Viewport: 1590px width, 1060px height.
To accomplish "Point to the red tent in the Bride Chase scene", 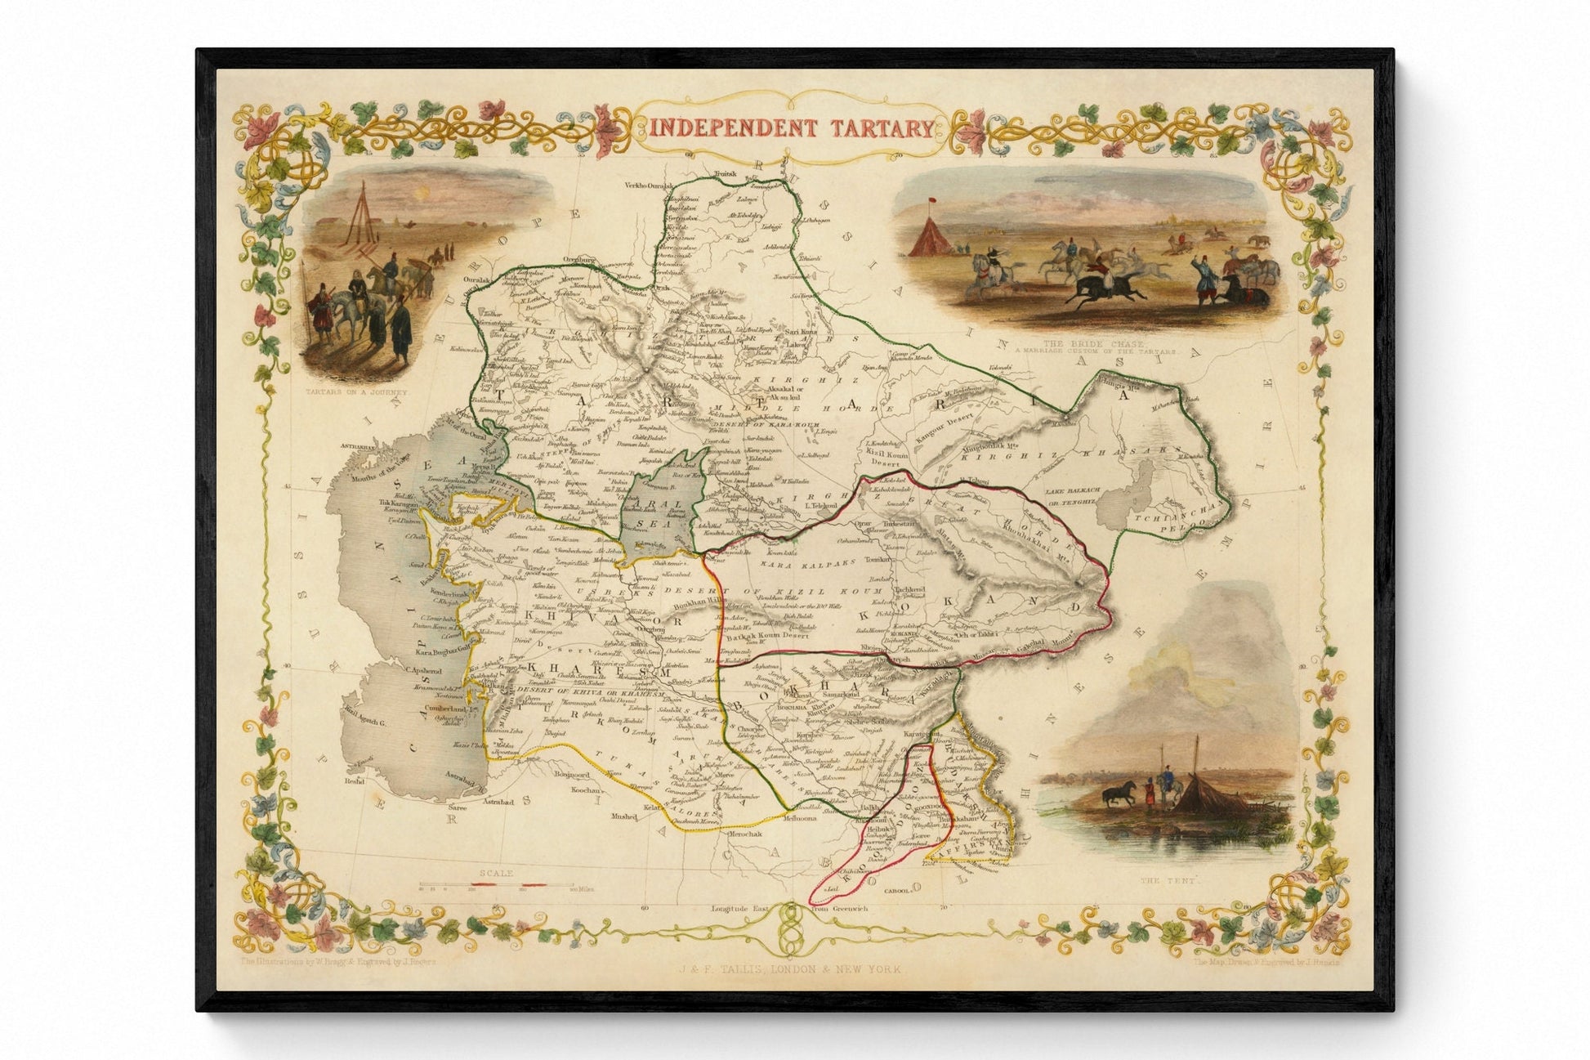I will point(931,238).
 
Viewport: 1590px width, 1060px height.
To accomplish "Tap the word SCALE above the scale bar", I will point(496,874).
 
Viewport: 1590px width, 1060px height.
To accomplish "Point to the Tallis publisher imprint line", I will point(788,968).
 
